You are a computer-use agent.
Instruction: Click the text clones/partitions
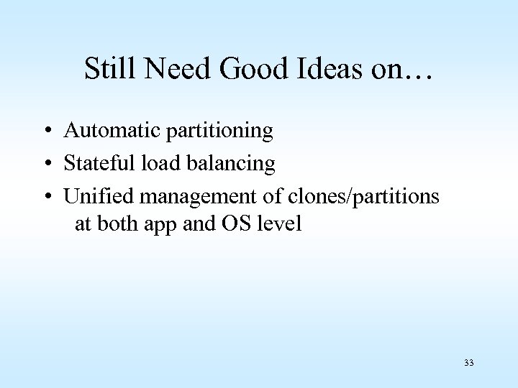(x=353, y=197)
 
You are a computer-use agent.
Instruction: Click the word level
(x=281, y=224)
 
